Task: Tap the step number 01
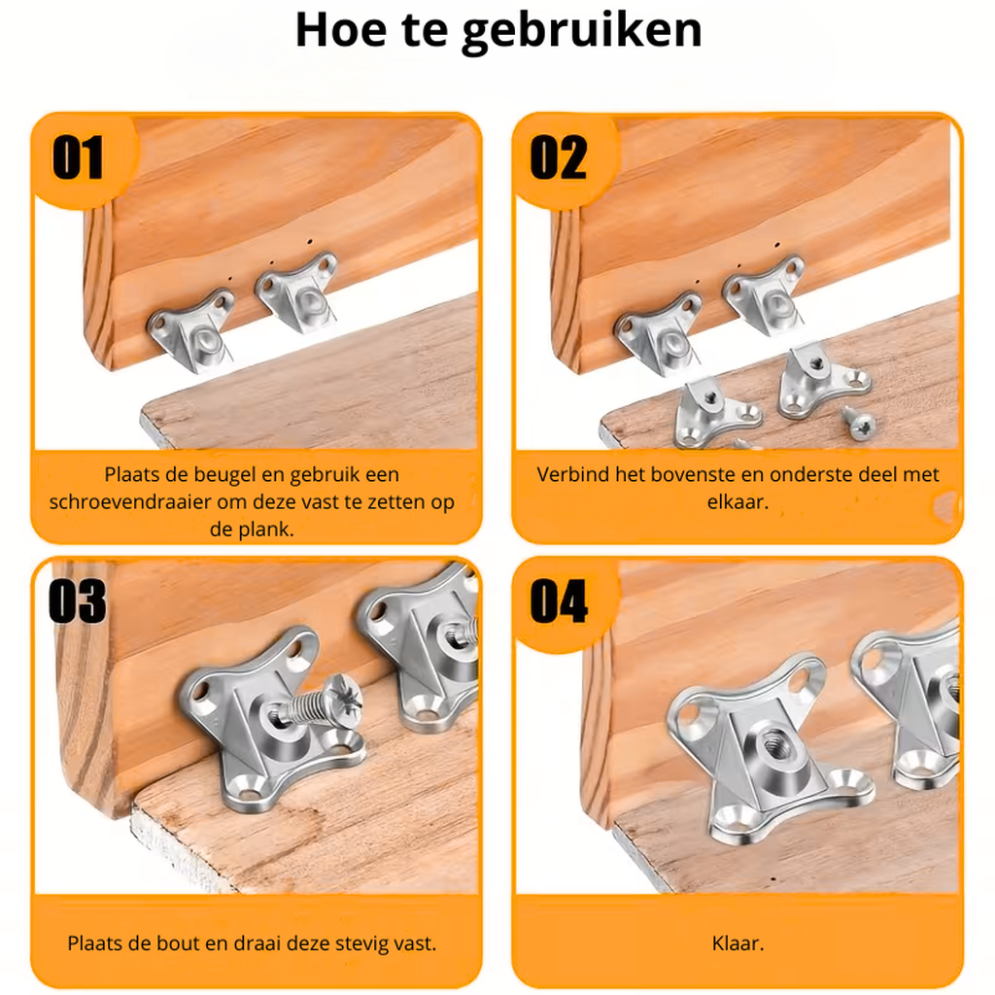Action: point(78,158)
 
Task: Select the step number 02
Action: point(559,158)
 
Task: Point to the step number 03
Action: point(78,601)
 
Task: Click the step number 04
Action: point(559,601)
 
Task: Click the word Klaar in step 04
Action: point(736,943)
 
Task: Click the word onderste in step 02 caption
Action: point(806,475)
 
